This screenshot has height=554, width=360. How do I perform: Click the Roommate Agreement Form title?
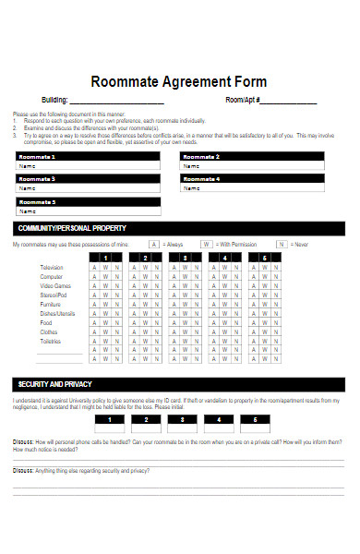tap(179, 81)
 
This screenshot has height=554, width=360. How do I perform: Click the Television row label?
tap(52, 267)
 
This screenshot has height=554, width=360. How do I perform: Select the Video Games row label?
tap(54, 285)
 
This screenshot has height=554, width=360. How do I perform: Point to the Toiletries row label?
tap(51, 341)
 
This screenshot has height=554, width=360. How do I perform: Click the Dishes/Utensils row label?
tap(57, 313)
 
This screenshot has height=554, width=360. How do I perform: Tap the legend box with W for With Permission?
tap(207, 245)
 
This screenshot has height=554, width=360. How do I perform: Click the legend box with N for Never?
tap(282, 245)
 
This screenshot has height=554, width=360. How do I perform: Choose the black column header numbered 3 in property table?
tap(185, 257)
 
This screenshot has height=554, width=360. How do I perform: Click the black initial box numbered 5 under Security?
tap(256, 419)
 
